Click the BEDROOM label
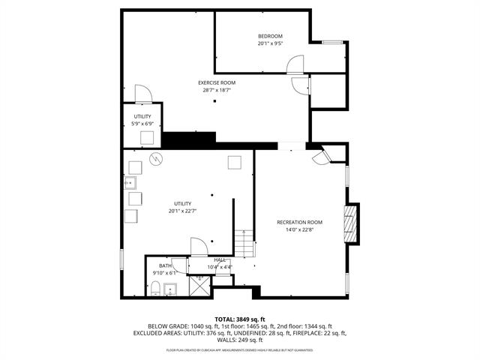point(270,37)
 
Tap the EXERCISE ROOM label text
point(217,82)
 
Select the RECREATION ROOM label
point(299,222)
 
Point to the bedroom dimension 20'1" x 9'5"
point(270,43)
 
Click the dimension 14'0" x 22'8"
point(299,229)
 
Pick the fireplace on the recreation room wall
point(349,223)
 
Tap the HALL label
point(220,259)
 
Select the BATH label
point(164,265)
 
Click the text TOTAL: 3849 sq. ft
point(240,319)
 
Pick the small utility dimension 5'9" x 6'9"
point(142,124)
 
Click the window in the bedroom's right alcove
point(333,43)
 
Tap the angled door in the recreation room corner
point(322,157)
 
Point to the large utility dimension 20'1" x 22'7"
point(183,211)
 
